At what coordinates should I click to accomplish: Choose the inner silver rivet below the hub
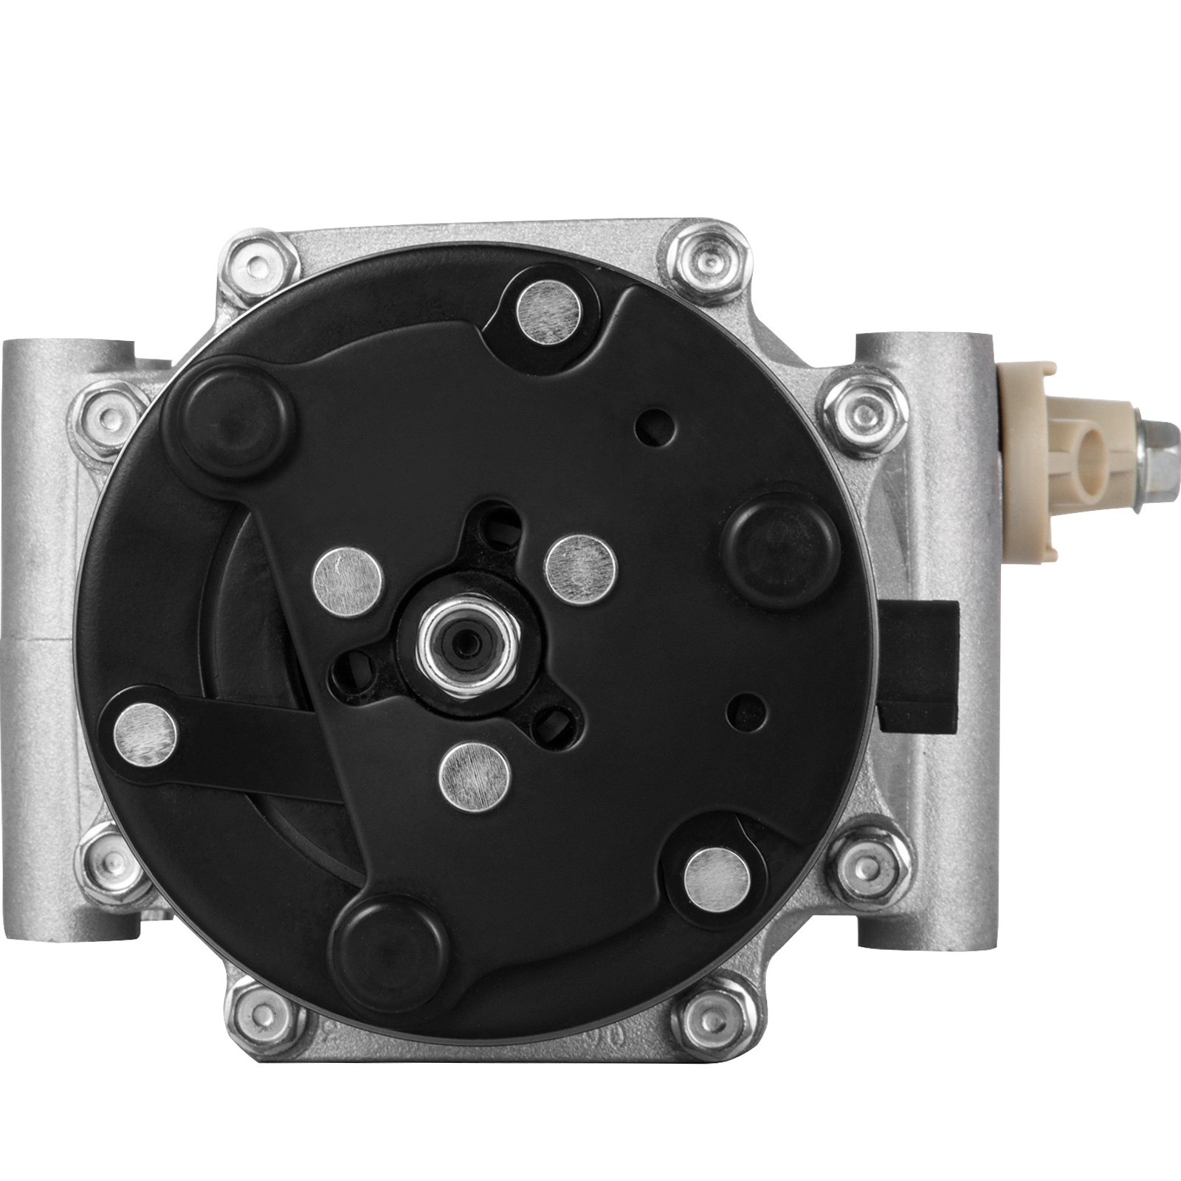[x=473, y=775]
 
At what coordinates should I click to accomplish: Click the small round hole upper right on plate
[x=653, y=426]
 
